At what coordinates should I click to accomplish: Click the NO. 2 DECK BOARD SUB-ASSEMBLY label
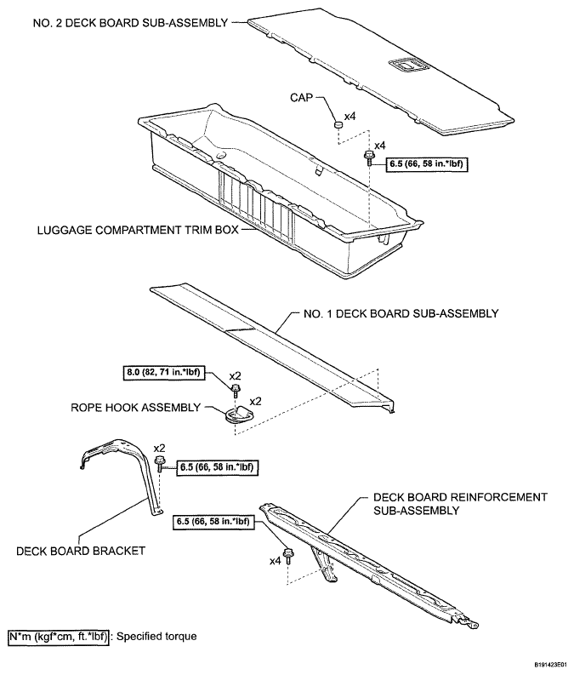tap(130, 23)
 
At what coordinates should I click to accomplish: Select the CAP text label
tap(301, 98)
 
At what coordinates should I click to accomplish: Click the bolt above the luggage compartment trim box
tap(369, 157)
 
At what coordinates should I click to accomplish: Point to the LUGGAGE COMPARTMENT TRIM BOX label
tap(138, 230)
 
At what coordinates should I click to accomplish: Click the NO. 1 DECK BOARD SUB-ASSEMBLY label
tap(401, 313)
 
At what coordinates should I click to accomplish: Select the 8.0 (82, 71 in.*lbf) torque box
tap(163, 372)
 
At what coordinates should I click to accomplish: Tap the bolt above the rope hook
tap(236, 391)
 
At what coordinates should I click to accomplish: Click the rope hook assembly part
tap(240, 414)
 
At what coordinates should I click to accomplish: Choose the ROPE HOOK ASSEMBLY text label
tap(135, 407)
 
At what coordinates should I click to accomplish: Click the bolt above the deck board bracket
tap(160, 463)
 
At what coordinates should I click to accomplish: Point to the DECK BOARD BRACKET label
tap(81, 551)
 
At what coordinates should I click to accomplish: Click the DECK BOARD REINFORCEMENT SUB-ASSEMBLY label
tap(460, 504)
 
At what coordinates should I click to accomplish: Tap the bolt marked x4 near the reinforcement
tap(287, 556)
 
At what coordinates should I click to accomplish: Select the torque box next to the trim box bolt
tap(427, 164)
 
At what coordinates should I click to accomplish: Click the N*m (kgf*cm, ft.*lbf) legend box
tap(58, 636)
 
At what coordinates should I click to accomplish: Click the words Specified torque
tap(156, 637)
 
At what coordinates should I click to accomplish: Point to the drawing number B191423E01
tap(552, 665)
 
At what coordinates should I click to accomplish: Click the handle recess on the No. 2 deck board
tap(407, 65)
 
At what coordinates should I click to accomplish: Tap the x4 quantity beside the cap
tap(350, 117)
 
